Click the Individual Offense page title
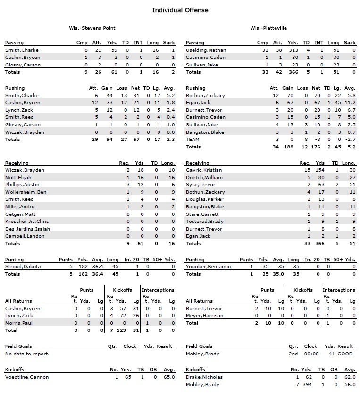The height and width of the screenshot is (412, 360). (x=180, y=10)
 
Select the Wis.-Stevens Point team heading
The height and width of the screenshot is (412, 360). (x=92, y=28)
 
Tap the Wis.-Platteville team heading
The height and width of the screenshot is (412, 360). (x=268, y=28)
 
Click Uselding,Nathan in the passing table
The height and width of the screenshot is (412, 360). (x=206, y=50)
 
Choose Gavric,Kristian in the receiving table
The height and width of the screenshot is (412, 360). (x=204, y=170)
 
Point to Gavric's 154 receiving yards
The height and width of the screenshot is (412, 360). (x=321, y=170)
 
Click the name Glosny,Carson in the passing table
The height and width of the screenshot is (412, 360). (x=23, y=65)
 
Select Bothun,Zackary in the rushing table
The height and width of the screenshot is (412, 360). (x=205, y=95)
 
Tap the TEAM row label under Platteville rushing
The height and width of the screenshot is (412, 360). (x=193, y=140)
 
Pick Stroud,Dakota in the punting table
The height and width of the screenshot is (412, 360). (x=23, y=266)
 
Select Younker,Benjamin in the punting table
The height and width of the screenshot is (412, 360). (x=208, y=266)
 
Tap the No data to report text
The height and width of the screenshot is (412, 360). (x=27, y=354)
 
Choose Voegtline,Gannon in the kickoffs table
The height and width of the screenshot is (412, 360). (x=26, y=377)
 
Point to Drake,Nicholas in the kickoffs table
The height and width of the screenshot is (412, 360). (x=204, y=377)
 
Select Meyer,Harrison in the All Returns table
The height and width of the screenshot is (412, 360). (x=204, y=316)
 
